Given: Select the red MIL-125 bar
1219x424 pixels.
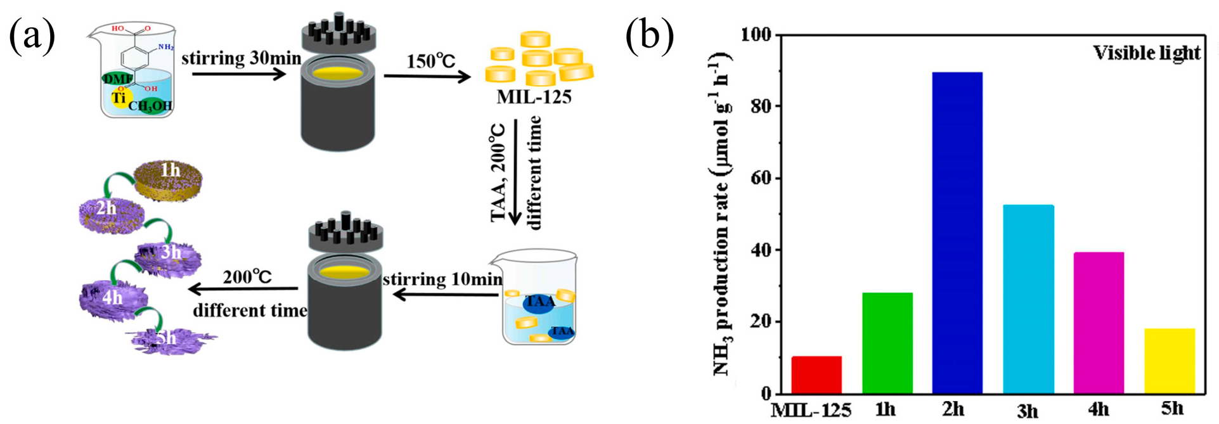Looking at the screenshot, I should (x=816, y=375).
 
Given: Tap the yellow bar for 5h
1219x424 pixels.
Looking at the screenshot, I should (x=1169, y=361).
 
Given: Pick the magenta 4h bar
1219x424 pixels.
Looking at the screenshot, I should (x=1099, y=323).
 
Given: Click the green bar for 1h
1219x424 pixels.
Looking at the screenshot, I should (x=887, y=343).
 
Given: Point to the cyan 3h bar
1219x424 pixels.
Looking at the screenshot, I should (x=1028, y=299).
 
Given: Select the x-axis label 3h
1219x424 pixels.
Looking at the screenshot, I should (x=1028, y=411).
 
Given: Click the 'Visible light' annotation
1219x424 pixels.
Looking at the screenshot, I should (x=1146, y=53).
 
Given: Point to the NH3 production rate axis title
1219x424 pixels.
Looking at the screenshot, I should (x=722, y=215).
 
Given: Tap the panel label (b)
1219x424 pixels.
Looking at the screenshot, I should (x=649, y=34).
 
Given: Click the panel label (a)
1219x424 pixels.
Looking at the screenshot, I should (x=32, y=34).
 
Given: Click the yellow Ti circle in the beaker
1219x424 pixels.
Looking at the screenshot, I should (x=119, y=98).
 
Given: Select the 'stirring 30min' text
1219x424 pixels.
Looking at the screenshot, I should (x=241, y=58).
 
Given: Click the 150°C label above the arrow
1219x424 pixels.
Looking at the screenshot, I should (x=430, y=61).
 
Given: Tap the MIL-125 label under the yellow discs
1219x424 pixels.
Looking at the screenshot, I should (x=534, y=97).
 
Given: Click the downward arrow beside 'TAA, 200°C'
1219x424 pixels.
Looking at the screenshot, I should (x=515, y=171).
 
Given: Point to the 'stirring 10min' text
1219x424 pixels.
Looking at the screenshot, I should (x=442, y=279).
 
